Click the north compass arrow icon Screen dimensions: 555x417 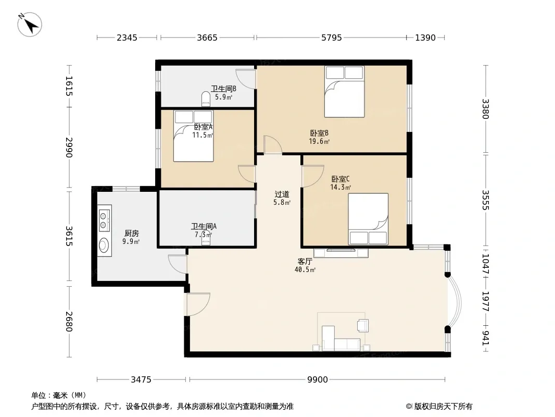(30, 24)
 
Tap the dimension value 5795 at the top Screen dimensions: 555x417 (331, 38)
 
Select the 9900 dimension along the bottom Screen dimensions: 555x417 (317, 380)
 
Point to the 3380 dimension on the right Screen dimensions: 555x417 (485, 109)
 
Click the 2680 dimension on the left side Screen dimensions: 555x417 (69, 322)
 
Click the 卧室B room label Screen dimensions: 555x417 (319, 133)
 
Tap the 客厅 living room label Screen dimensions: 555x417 (305, 262)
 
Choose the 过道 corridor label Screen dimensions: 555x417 (282, 194)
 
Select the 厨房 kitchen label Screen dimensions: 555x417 (131, 234)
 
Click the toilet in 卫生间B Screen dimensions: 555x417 (206, 99)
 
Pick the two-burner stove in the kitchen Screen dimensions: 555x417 (105, 219)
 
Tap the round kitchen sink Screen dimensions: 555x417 (104, 245)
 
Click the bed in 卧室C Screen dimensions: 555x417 (368, 219)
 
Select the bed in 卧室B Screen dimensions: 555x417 (344, 91)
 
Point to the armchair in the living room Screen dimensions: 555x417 (363, 325)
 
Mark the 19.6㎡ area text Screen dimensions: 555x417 (319, 141)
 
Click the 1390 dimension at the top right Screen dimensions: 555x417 (425, 38)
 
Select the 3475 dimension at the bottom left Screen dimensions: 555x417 (141, 380)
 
